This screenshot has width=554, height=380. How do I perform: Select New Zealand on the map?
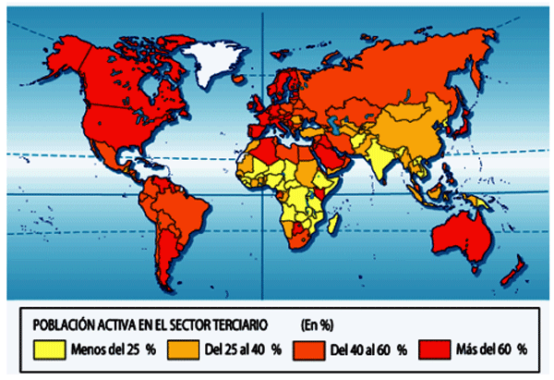(510, 272)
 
